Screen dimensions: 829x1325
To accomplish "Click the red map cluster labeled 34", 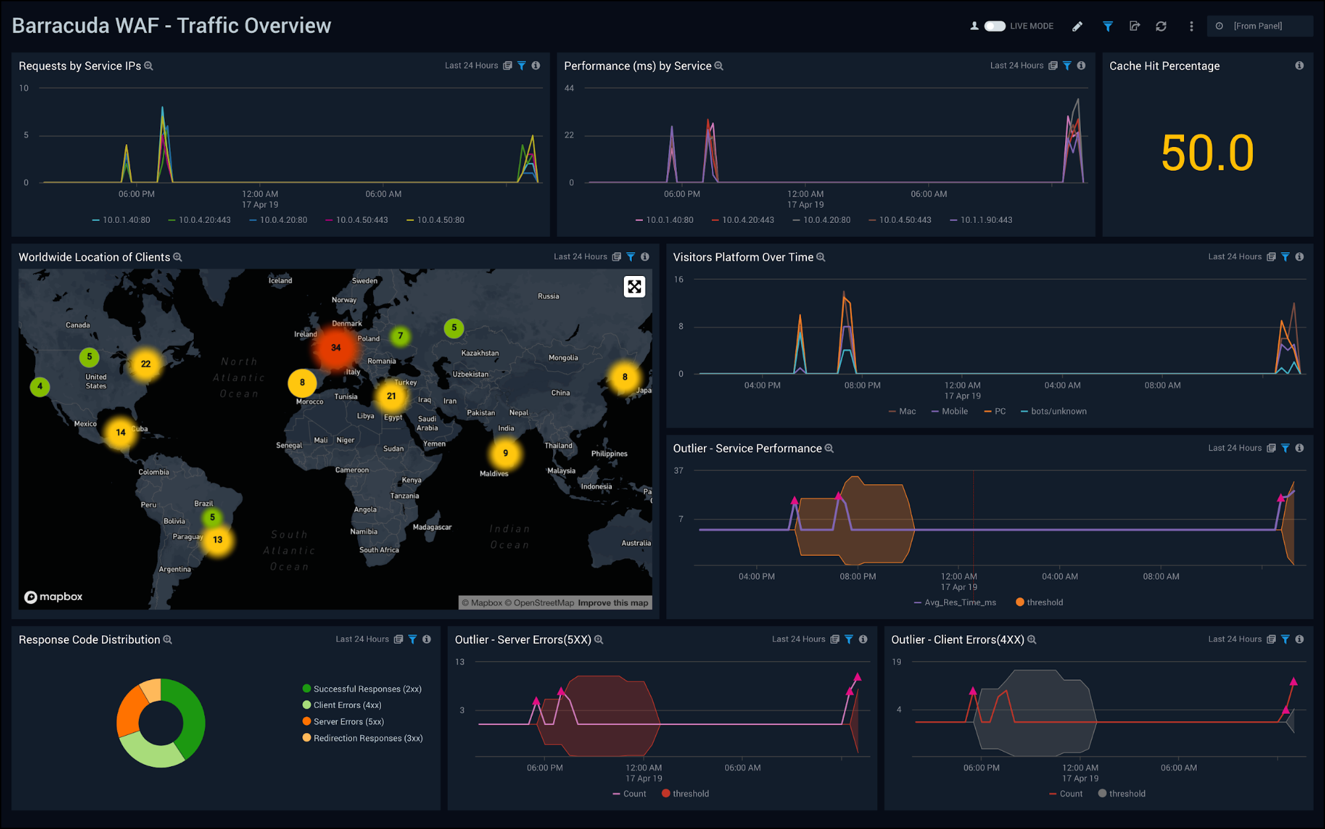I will point(335,347).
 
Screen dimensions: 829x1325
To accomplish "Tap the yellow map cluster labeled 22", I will point(146,364).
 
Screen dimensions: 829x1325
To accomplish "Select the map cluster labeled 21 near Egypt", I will point(391,396).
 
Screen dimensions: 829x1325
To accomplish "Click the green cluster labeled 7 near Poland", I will point(400,335).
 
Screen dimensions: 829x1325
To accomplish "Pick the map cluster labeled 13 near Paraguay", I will point(218,539).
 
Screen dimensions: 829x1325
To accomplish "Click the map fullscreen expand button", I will point(634,286).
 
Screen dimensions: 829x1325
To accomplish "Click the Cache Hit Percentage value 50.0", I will point(1207,153).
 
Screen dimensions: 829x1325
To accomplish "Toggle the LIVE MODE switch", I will point(994,26).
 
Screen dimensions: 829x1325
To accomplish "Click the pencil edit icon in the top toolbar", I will point(1077,26).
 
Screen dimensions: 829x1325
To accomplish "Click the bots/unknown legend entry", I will point(1058,411).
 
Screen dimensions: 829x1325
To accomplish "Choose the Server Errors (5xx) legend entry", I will point(348,721).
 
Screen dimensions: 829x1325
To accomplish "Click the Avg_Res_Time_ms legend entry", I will point(959,602).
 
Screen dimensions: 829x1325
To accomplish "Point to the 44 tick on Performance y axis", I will point(569,88).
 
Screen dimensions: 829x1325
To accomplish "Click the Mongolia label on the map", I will point(563,357).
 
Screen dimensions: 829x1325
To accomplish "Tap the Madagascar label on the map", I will point(432,527).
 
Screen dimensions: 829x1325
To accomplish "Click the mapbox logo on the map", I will point(54,597).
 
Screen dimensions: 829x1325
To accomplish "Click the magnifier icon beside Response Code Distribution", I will point(168,640).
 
